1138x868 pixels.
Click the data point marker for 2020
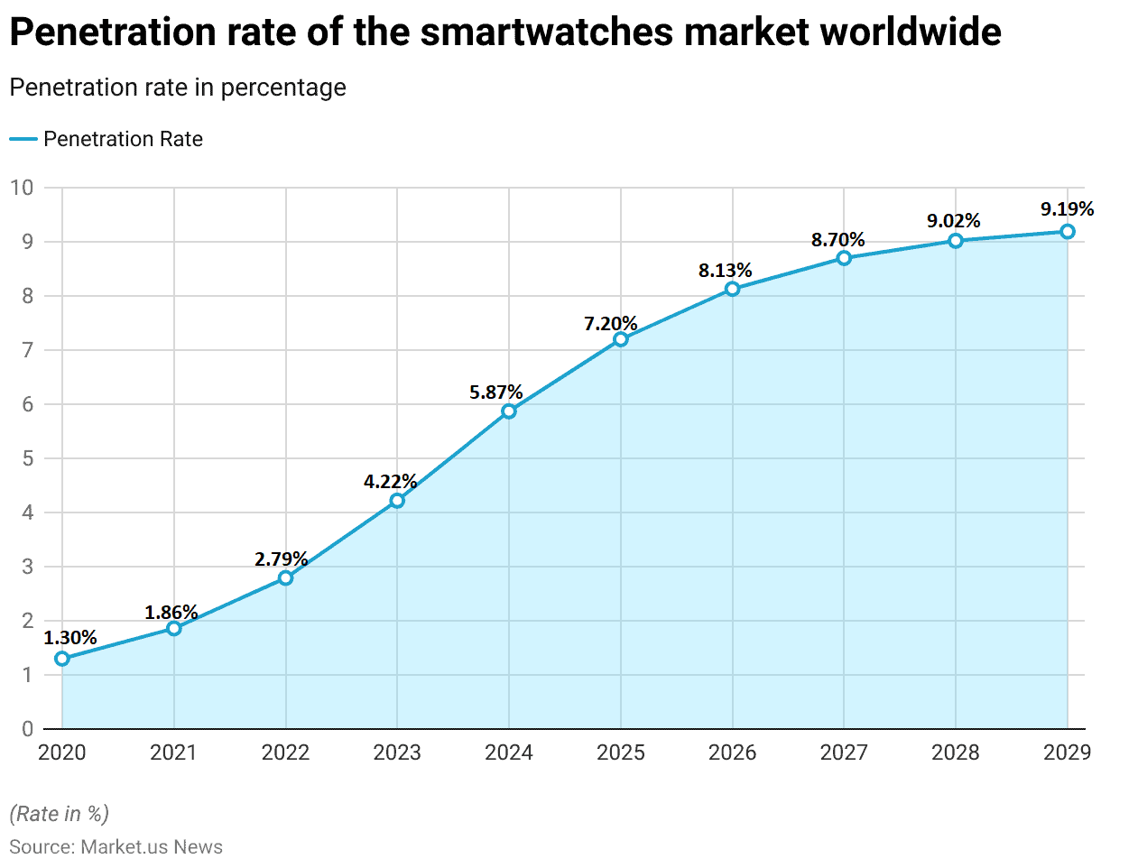click(x=62, y=659)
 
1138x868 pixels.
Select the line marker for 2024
click(x=509, y=411)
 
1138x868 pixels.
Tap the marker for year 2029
click(x=1068, y=232)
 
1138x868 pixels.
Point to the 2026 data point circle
click(x=732, y=289)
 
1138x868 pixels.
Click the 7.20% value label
click(x=611, y=323)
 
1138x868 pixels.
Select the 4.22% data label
click(x=391, y=481)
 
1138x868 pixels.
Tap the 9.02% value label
click(x=954, y=221)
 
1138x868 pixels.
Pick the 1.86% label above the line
click(x=171, y=613)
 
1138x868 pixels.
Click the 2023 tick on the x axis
click(x=397, y=753)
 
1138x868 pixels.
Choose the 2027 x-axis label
click(x=844, y=753)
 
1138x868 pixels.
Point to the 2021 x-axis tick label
click(x=173, y=753)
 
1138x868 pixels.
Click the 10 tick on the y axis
click(x=22, y=188)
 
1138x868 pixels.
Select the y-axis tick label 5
click(x=27, y=458)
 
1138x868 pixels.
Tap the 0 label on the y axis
click(x=27, y=729)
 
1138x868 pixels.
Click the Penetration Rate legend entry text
click(x=123, y=139)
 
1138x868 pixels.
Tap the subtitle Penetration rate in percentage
click(x=178, y=88)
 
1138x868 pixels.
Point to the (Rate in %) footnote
click(x=60, y=814)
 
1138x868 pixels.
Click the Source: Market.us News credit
click(x=116, y=847)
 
